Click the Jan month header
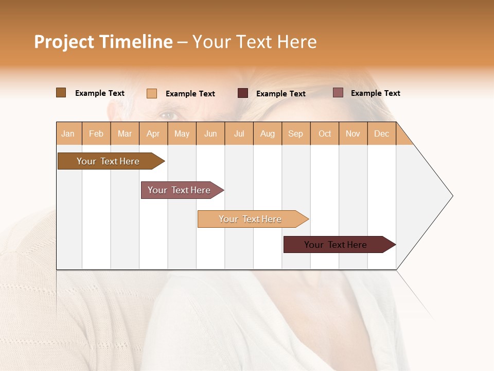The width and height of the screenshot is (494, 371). click(68, 133)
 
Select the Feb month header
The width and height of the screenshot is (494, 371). click(96, 133)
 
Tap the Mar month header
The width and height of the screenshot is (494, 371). click(125, 133)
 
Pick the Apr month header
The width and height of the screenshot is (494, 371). click(153, 133)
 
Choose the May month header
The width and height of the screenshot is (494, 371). click(182, 133)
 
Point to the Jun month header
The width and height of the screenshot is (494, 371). click(210, 133)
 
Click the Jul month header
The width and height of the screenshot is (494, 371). click(239, 133)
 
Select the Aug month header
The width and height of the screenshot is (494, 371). click(268, 133)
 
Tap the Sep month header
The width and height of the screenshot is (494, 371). click(296, 133)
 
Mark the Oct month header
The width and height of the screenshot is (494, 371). click(325, 133)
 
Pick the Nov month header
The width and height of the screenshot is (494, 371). click(353, 133)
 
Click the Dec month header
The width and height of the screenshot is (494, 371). click(382, 133)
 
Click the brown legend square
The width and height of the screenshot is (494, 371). click(61, 93)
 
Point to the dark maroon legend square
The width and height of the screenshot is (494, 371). click(243, 93)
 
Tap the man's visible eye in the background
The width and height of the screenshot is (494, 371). click(167, 114)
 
